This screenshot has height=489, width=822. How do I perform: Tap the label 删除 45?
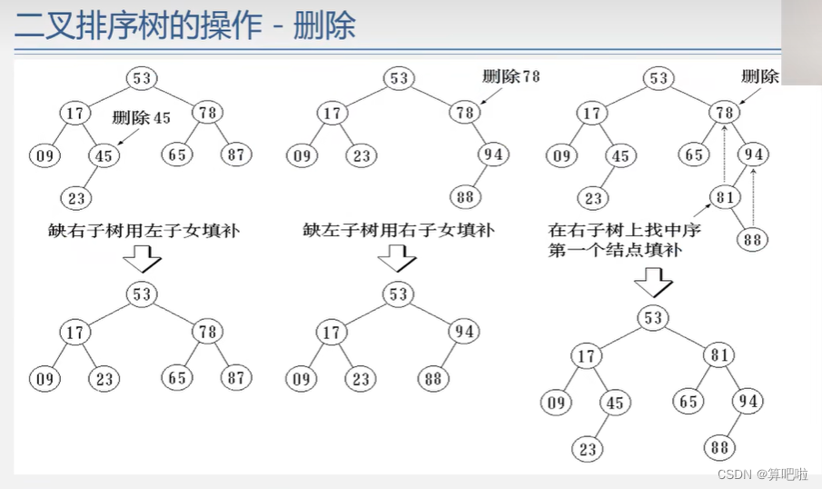tap(142, 118)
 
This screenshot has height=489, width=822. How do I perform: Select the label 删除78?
tap(510, 76)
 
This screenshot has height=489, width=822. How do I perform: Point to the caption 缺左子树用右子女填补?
tap(398, 231)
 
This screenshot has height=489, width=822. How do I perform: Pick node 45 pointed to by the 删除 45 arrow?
tap(104, 155)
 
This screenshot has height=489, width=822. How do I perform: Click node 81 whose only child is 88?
tap(724, 196)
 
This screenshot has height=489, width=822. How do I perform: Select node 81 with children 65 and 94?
tap(720, 355)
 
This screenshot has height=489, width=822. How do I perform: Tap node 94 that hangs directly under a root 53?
tap(463, 332)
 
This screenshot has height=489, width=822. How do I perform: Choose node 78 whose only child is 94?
tap(466, 113)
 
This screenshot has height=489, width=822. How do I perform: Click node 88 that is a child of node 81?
tap(752, 240)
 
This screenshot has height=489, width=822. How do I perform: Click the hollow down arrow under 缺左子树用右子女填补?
tap(396, 259)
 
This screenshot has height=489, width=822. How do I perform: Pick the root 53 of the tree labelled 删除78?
tap(399, 78)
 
